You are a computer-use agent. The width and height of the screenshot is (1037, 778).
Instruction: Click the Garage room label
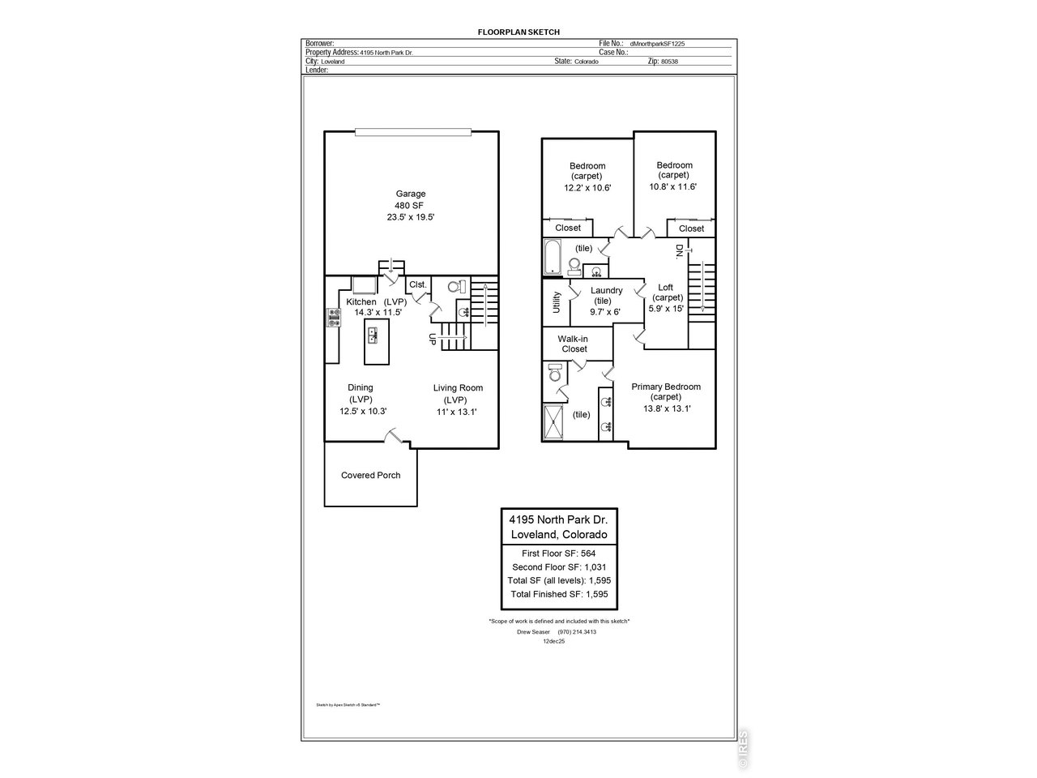point(410,194)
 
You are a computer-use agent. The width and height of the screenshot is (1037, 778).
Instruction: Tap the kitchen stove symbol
point(333,318)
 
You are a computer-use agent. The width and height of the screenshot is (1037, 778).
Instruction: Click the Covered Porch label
point(370,475)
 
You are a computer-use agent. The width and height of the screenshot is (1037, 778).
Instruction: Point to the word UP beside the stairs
point(432,340)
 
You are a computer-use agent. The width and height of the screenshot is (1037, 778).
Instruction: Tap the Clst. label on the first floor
point(418,284)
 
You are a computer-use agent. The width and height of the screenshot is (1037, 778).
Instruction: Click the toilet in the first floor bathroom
point(456,287)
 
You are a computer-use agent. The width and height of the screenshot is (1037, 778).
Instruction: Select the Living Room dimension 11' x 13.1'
point(457,412)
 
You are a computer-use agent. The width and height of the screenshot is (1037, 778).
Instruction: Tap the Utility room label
point(556,302)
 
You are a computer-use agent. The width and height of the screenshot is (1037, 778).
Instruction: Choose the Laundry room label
point(606,290)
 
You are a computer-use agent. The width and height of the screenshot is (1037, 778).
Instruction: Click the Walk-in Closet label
point(574,344)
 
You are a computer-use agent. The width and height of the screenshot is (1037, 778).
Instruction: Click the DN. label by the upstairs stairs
point(679,251)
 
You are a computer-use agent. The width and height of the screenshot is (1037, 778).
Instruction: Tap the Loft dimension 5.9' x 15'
point(666,308)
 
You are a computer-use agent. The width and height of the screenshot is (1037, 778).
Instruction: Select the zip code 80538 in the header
point(668,62)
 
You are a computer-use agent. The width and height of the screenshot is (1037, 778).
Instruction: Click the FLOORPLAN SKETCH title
point(518,32)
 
